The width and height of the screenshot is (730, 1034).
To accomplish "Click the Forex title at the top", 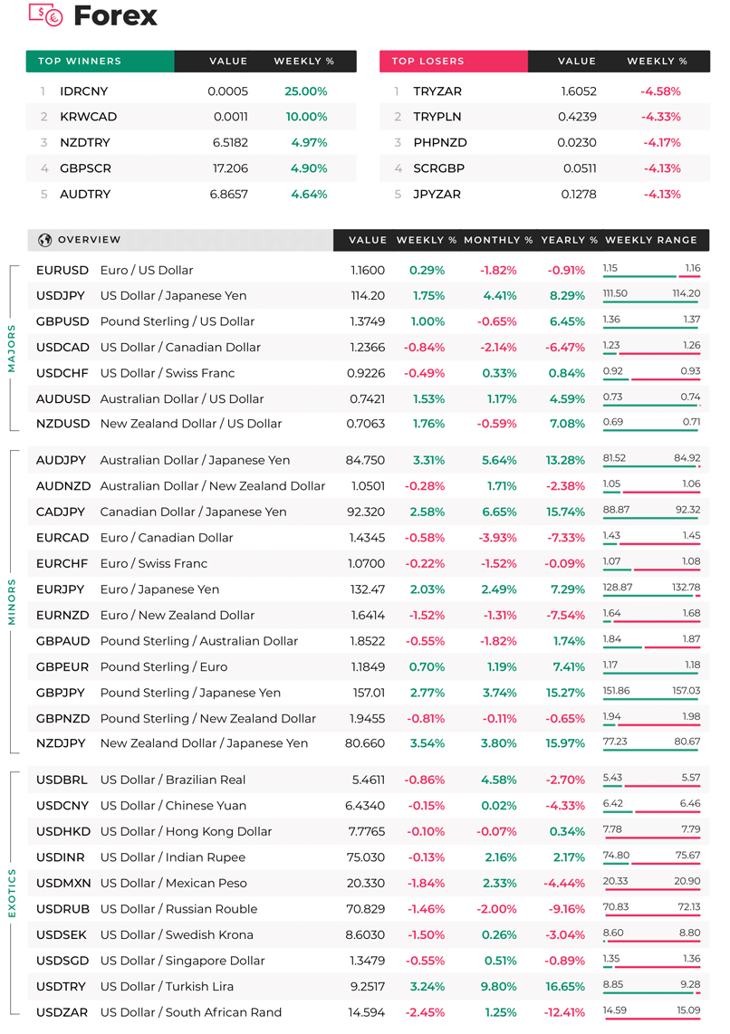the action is coord(115,15).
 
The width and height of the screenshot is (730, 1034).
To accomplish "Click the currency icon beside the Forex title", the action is coord(45,15).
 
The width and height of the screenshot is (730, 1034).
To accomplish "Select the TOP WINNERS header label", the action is coord(80,62).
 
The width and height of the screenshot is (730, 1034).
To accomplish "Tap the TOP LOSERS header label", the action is coord(428,62).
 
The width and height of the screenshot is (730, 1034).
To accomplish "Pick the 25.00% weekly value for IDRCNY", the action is coord(306,91).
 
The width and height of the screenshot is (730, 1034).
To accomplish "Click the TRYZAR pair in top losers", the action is coord(437,91).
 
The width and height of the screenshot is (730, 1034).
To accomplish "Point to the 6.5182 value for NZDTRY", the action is coord(230,142).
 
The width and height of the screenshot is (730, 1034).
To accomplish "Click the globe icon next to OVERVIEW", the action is coord(45,240).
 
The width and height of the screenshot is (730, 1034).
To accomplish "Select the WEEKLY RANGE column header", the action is coord(651,240).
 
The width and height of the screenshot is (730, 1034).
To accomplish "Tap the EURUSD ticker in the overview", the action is coord(62,271).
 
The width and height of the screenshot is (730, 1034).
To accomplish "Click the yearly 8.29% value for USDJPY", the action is coord(567,296).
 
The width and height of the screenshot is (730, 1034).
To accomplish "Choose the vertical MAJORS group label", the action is coord(11,349).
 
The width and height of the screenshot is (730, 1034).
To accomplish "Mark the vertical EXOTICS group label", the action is coord(11,893).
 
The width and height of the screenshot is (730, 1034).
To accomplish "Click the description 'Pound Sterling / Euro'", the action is coord(164,666).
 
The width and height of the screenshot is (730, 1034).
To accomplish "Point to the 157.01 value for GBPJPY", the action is coord(369,693).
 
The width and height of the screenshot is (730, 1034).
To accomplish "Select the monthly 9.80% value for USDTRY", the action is coord(498,987).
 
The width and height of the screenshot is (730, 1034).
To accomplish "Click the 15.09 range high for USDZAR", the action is coord(688,1010).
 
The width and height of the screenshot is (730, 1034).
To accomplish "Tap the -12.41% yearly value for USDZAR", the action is coord(564,1012).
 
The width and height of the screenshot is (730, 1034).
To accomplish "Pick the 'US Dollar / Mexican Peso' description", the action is coord(173,883).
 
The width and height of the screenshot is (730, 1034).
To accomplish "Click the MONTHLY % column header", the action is coord(498,240).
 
